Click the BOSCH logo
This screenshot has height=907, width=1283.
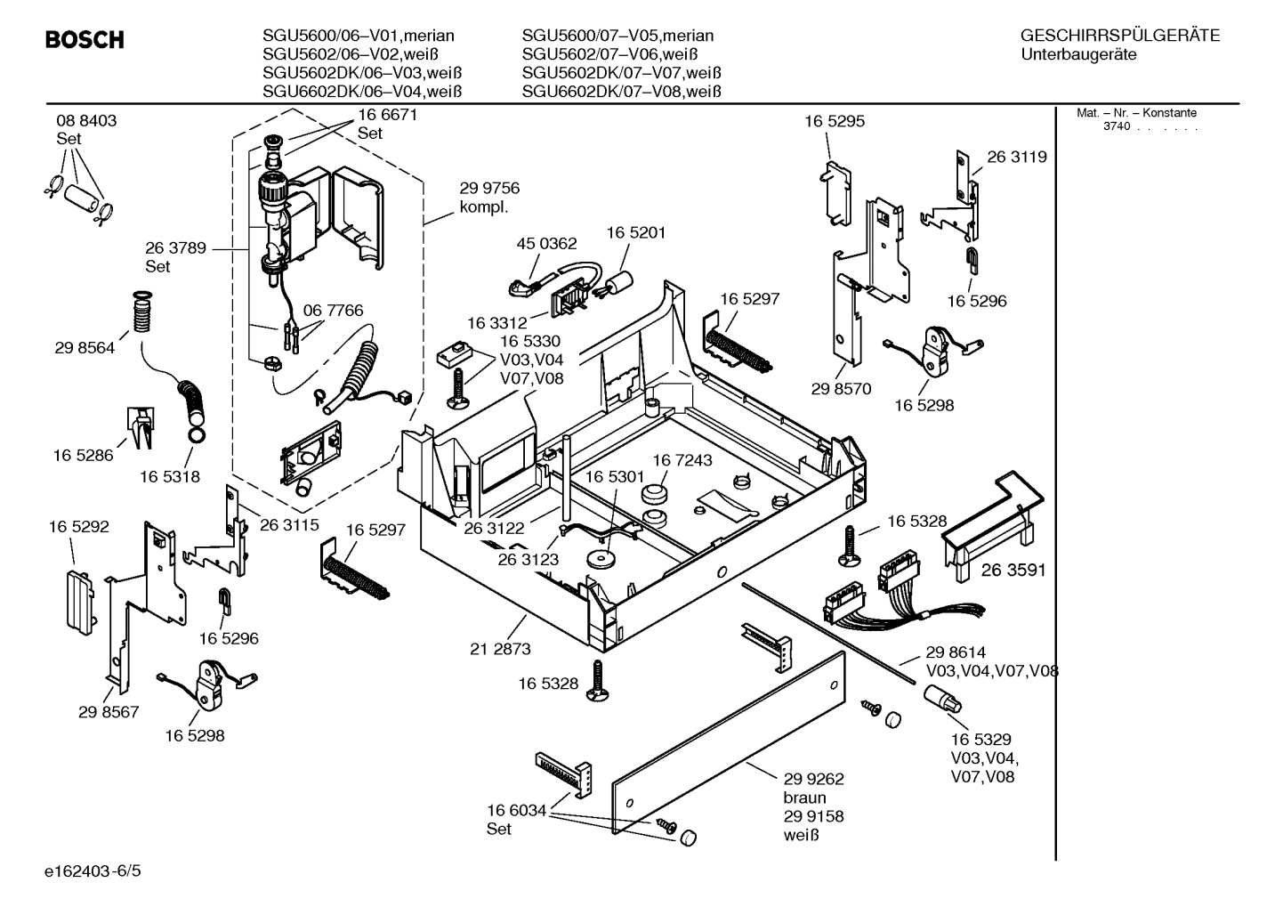(85, 40)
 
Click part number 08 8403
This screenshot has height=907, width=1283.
(86, 121)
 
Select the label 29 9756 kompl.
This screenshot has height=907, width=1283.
(488, 197)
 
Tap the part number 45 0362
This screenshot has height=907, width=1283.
(546, 243)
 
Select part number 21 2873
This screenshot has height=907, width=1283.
(500, 649)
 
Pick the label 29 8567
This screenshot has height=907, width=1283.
(109, 712)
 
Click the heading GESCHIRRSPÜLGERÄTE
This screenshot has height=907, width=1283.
(1119, 36)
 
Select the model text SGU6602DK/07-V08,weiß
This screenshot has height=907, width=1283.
(621, 92)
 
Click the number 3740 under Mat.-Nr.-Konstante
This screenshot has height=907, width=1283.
(1117, 126)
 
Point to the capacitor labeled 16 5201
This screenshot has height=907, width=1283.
(614, 285)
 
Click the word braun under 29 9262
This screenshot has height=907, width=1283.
(804, 798)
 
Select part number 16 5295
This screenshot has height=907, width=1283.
(834, 121)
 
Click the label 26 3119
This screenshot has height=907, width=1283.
(1016, 157)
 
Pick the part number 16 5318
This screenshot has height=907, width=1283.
(169, 476)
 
